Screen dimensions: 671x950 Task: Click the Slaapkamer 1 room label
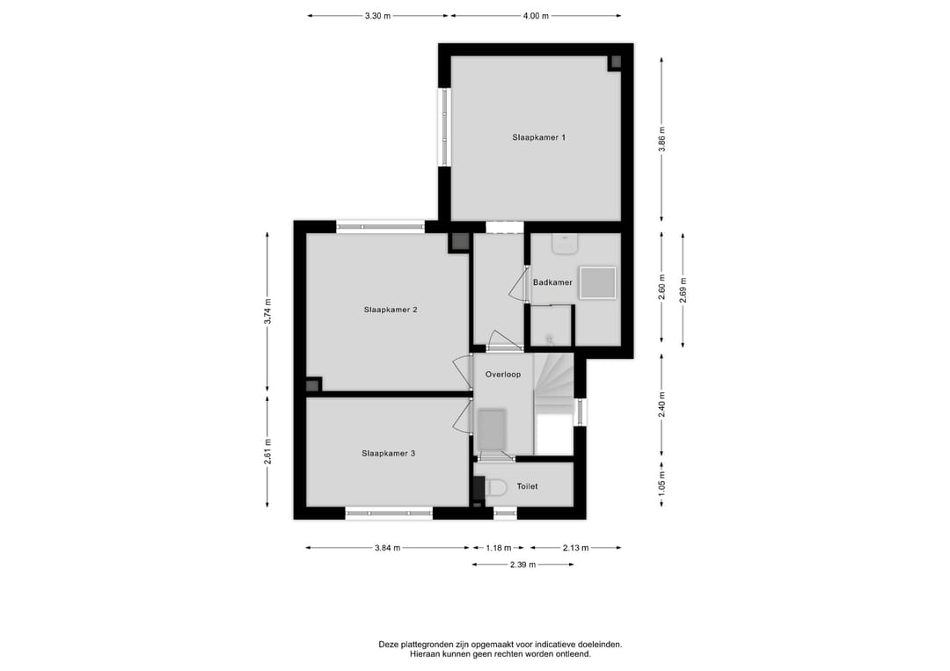(x=538, y=137)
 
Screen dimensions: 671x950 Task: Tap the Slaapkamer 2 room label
(x=390, y=310)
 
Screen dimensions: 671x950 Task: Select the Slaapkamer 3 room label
(x=388, y=454)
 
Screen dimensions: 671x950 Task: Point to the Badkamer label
(x=552, y=282)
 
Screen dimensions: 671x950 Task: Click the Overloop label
(x=503, y=375)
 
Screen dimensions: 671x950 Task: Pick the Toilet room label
(x=527, y=486)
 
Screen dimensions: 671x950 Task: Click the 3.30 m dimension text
(x=377, y=16)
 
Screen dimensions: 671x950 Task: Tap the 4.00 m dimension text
(x=535, y=16)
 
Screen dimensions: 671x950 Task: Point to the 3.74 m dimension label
(x=268, y=311)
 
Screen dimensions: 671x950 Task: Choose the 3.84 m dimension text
(x=387, y=548)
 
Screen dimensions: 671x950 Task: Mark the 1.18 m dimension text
(x=499, y=548)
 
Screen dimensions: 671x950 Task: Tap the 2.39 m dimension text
(x=522, y=565)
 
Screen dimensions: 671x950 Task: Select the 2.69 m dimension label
(x=683, y=289)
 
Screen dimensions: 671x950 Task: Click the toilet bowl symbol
(x=494, y=486)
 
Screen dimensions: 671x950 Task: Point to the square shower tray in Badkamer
(x=596, y=283)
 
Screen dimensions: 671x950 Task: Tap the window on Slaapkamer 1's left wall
(x=445, y=127)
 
